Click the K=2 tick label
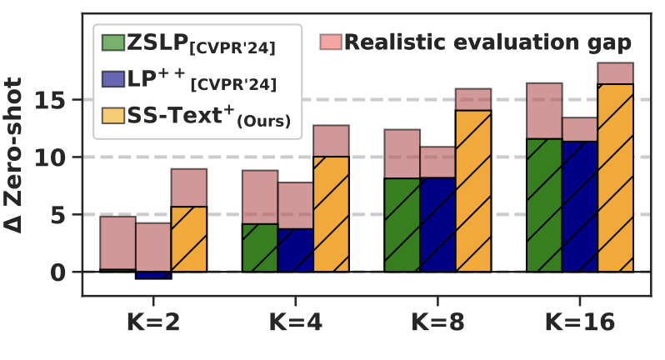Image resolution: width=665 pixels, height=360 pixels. pos(153,322)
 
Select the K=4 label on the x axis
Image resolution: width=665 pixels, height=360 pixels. pos(296,322)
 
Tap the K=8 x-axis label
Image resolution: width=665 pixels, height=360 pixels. pos(437,322)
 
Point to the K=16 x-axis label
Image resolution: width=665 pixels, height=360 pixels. pos(580,322)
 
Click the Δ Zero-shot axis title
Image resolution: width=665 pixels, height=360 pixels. pos(12,155)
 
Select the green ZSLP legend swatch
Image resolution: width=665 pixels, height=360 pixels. pos(113,42)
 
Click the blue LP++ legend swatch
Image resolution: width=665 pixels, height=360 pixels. pos(113,79)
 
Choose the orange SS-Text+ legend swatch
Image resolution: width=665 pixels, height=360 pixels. pos(113,115)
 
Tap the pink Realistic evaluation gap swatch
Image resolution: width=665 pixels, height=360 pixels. pos(331,42)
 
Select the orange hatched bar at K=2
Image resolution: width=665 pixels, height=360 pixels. pos(188,239)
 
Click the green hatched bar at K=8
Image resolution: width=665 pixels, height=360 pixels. pos(402,225)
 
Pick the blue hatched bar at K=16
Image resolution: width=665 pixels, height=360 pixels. pos(580,207)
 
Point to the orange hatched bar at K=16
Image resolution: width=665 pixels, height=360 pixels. pos(615,177)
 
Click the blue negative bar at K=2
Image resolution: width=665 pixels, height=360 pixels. pos(153,275)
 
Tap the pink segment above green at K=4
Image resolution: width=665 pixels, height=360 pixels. pos(260,197)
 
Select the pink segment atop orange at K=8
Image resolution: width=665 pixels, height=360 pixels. pos(473,100)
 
